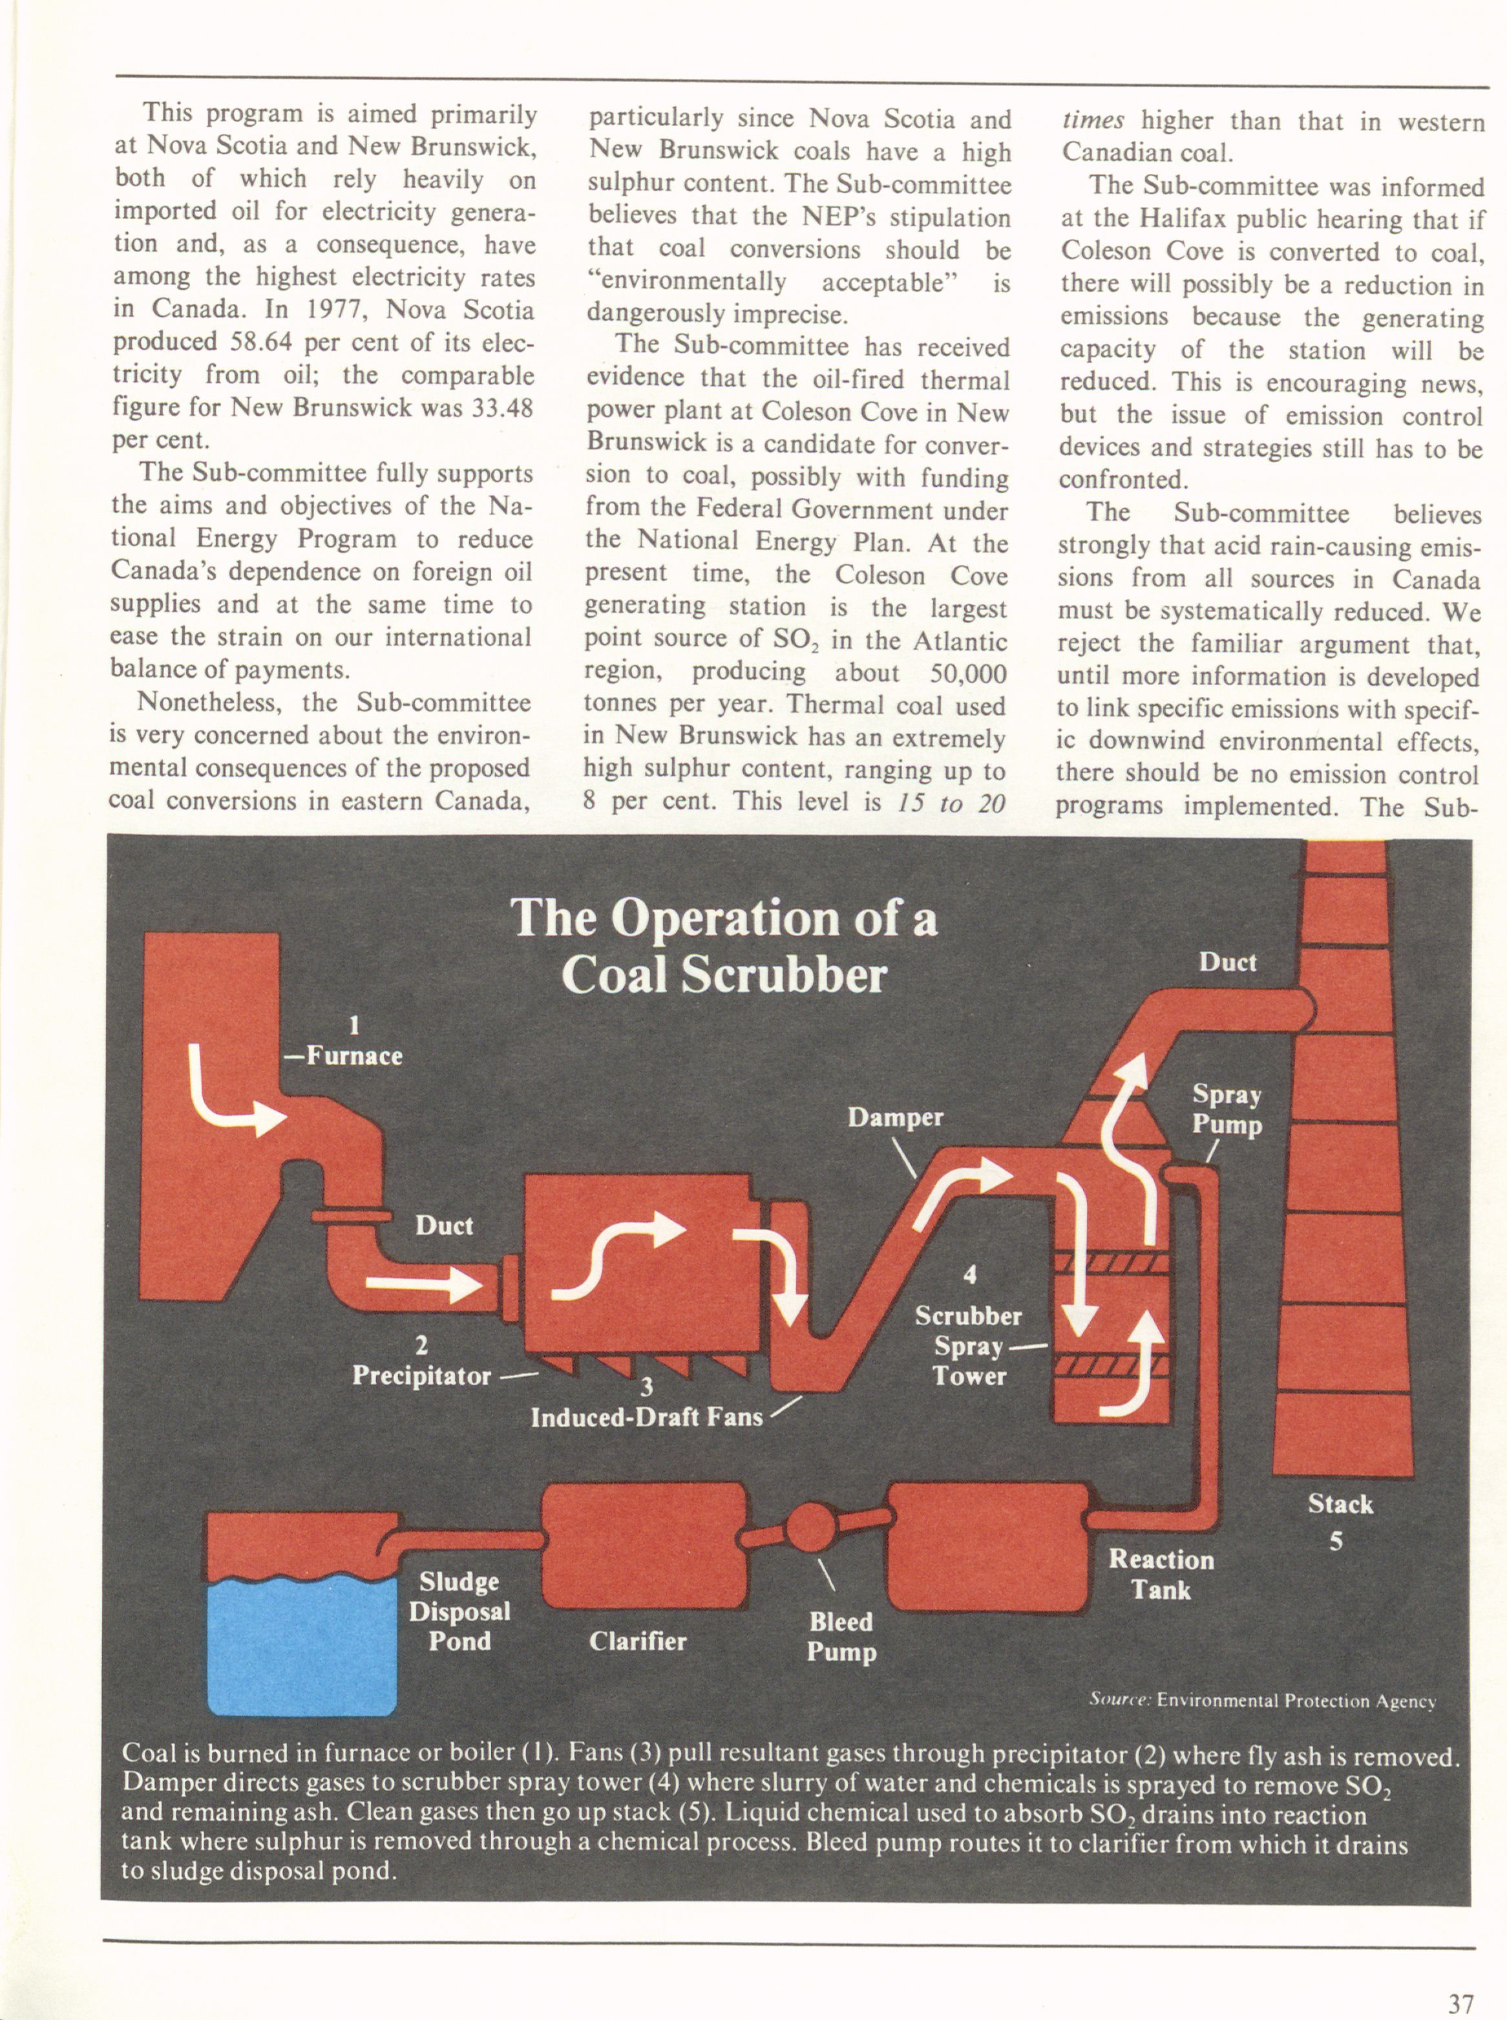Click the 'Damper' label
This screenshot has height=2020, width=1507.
pyautogui.click(x=895, y=1117)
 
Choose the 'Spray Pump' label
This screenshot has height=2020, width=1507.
pyautogui.click(x=1227, y=1109)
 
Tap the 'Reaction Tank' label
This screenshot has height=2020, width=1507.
pyautogui.click(x=1161, y=1574)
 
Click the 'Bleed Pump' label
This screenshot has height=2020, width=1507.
pyautogui.click(x=841, y=1636)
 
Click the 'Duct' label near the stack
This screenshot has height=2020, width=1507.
pyautogui.click(x=1227, y=962)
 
